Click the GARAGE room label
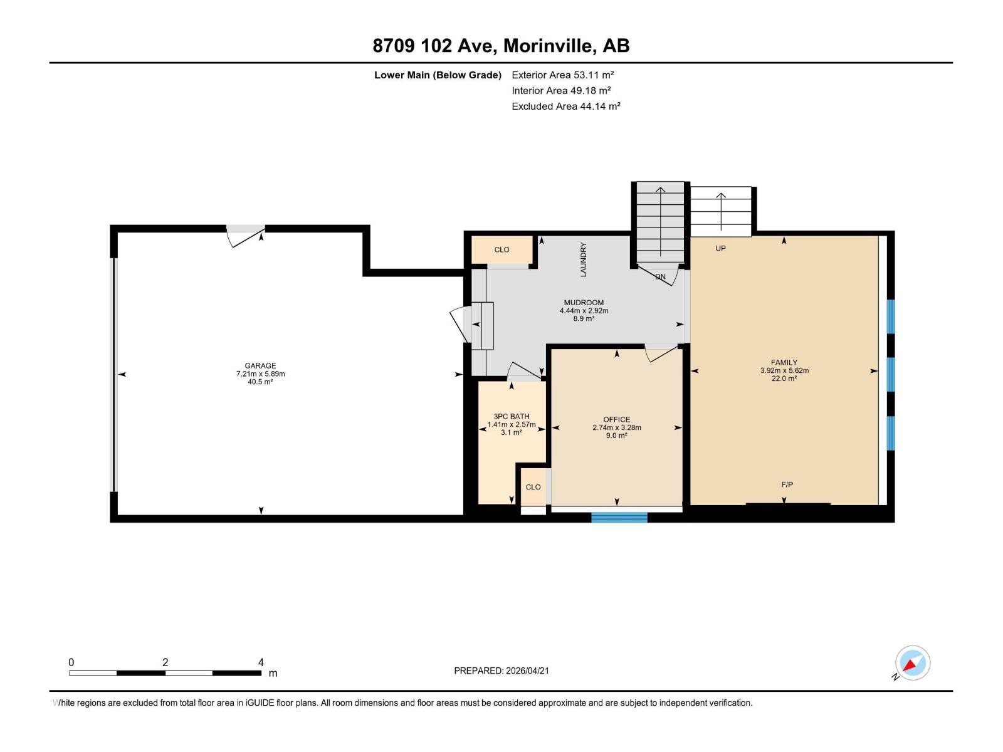point(260,366)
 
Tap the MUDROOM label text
point(584,303)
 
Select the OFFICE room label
point(617,420)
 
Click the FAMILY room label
point(784,362)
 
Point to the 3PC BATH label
point(512,417)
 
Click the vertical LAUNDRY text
point(583,259)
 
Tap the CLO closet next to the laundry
point(501,249)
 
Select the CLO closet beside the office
point(533,487)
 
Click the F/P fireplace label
point(787,484)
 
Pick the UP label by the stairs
point(721,248)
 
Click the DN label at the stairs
point(660,276)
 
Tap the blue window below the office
point(619,517)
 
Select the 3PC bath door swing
point(523,372)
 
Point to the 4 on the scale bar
point(261,662)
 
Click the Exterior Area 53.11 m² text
point(562,75)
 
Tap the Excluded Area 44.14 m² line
point(565,106)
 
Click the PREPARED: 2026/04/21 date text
point(501,671)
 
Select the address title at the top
point(501,46)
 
